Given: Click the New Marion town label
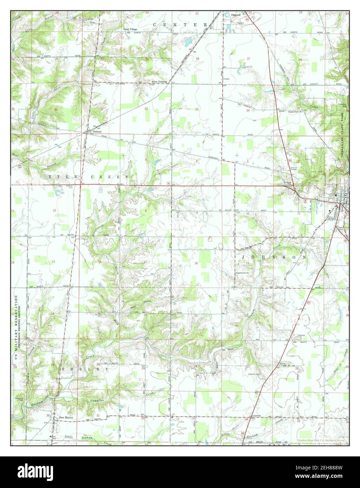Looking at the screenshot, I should [x=67, y=417].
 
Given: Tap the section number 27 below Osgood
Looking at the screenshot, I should [x=249, y=58].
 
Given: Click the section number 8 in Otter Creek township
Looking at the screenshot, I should [x=146, y=211].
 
